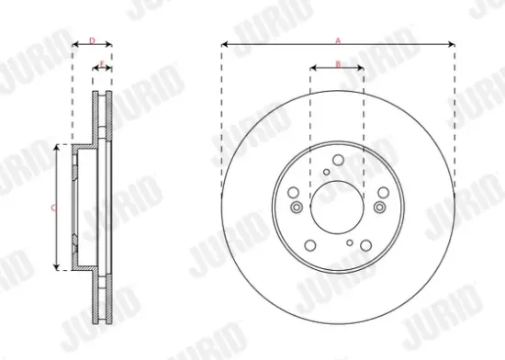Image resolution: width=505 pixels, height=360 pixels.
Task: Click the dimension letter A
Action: (338, 39)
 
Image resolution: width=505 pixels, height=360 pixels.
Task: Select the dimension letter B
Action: (338, 62)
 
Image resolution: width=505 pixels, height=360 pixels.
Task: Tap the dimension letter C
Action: (52, 208)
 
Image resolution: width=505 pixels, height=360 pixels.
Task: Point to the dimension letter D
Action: (92, 39)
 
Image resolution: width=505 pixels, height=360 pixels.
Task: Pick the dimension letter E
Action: (101, 63)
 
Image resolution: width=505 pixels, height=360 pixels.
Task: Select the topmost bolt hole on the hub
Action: (338, 161)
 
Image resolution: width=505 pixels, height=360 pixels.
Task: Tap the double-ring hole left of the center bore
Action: (294, 194)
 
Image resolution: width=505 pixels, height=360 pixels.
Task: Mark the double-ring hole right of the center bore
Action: (382, 192)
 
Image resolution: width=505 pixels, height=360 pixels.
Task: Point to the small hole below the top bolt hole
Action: (327, 172)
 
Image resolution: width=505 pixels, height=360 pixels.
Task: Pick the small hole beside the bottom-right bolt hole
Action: (350, 242)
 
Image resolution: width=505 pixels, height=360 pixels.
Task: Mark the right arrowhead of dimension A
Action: (453, 44)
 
